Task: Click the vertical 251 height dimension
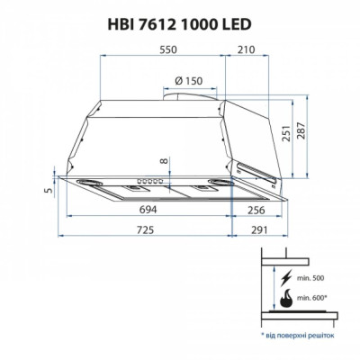click(x=287, y=134)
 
